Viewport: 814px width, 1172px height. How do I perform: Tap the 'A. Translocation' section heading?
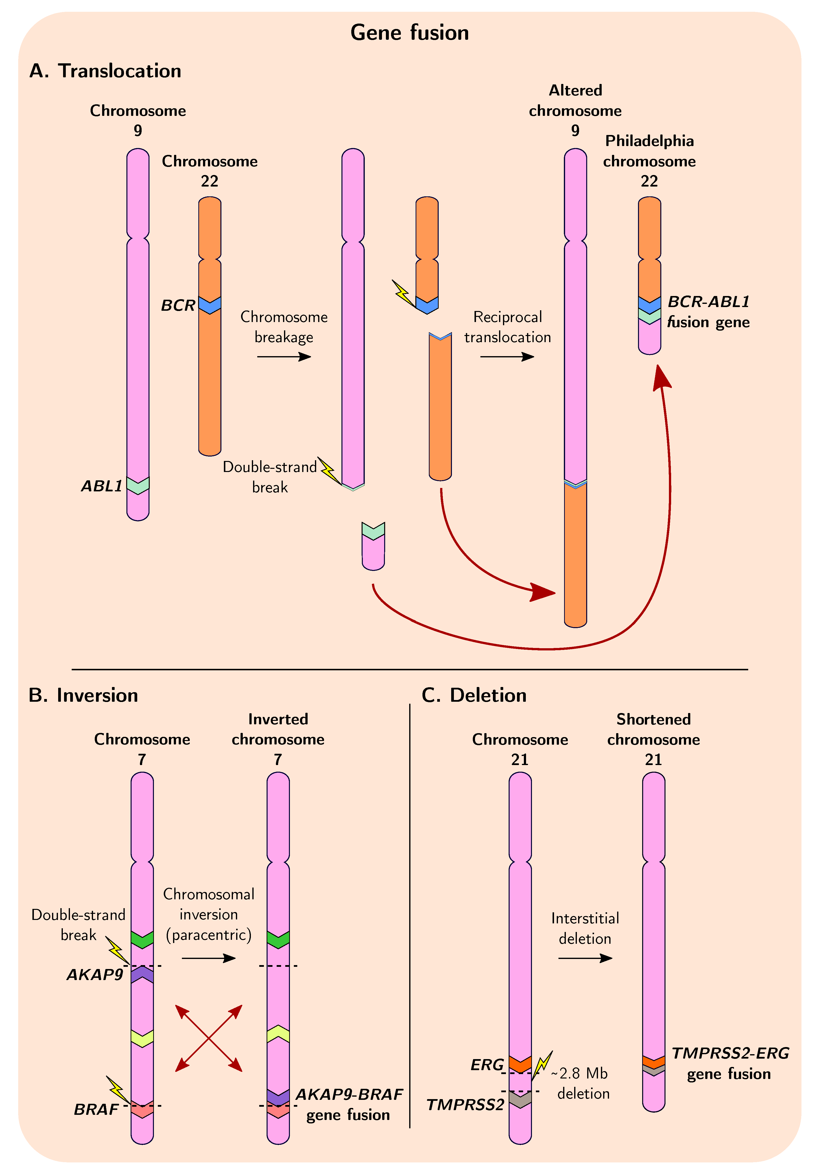105,71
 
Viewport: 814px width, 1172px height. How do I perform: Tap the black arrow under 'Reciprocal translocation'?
507,356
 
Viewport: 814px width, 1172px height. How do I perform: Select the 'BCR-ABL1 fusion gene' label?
708,312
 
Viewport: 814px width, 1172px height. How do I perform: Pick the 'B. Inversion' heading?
84,695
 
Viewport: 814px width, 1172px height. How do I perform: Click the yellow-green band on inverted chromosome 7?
278,1034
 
